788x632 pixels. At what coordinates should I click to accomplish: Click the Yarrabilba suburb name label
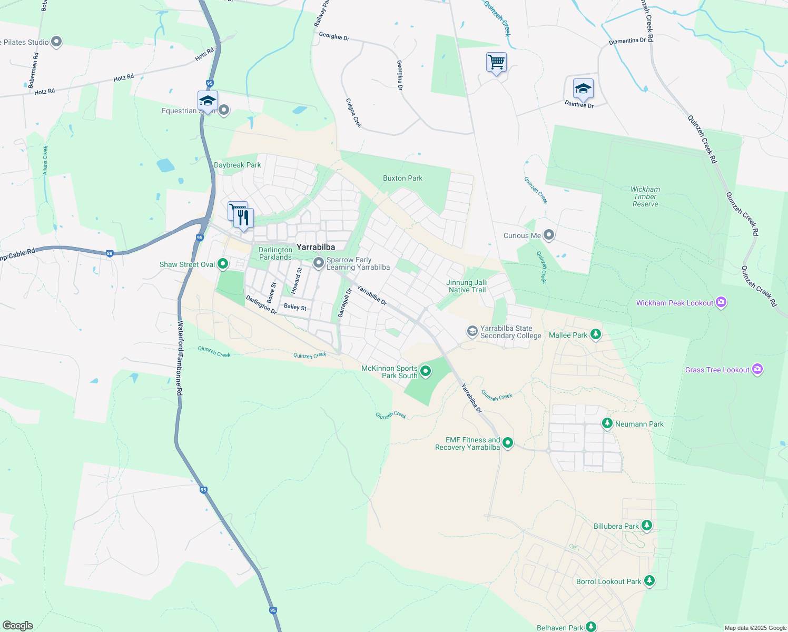tap(316, 247)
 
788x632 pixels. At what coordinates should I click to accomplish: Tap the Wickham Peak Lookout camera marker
tap(721, 302)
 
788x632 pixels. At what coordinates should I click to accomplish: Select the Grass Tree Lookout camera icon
tap(757, 369)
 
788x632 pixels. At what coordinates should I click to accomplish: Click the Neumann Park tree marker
tap(607, 423)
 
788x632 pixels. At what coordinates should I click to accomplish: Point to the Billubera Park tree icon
tap(647, 526)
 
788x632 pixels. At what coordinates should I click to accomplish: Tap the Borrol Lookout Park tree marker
tap(649, 581)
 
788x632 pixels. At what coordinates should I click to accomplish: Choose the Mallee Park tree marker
tap(596, 334)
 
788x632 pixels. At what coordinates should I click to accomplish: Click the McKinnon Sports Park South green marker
tap(426, 371)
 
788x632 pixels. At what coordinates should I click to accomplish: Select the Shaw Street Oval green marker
tap(223, 264)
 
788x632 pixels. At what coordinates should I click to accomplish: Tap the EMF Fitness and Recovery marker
tap(508, 442)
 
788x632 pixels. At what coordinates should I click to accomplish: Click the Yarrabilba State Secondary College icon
tap(472, 331)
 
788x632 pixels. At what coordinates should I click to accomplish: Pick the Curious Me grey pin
tap(549, 235)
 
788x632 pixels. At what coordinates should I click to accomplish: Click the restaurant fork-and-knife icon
tap(243, 218)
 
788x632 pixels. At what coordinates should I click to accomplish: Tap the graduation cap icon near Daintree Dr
tap(583, 89)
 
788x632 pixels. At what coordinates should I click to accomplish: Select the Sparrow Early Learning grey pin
tap(318, 262)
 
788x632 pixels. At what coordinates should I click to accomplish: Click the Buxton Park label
tap(402, 178)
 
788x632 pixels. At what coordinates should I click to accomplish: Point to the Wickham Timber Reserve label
tap(645, 196)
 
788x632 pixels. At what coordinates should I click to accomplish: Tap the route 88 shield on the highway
tap(110, 253)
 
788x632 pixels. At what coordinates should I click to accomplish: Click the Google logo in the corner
tap(17, 626)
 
